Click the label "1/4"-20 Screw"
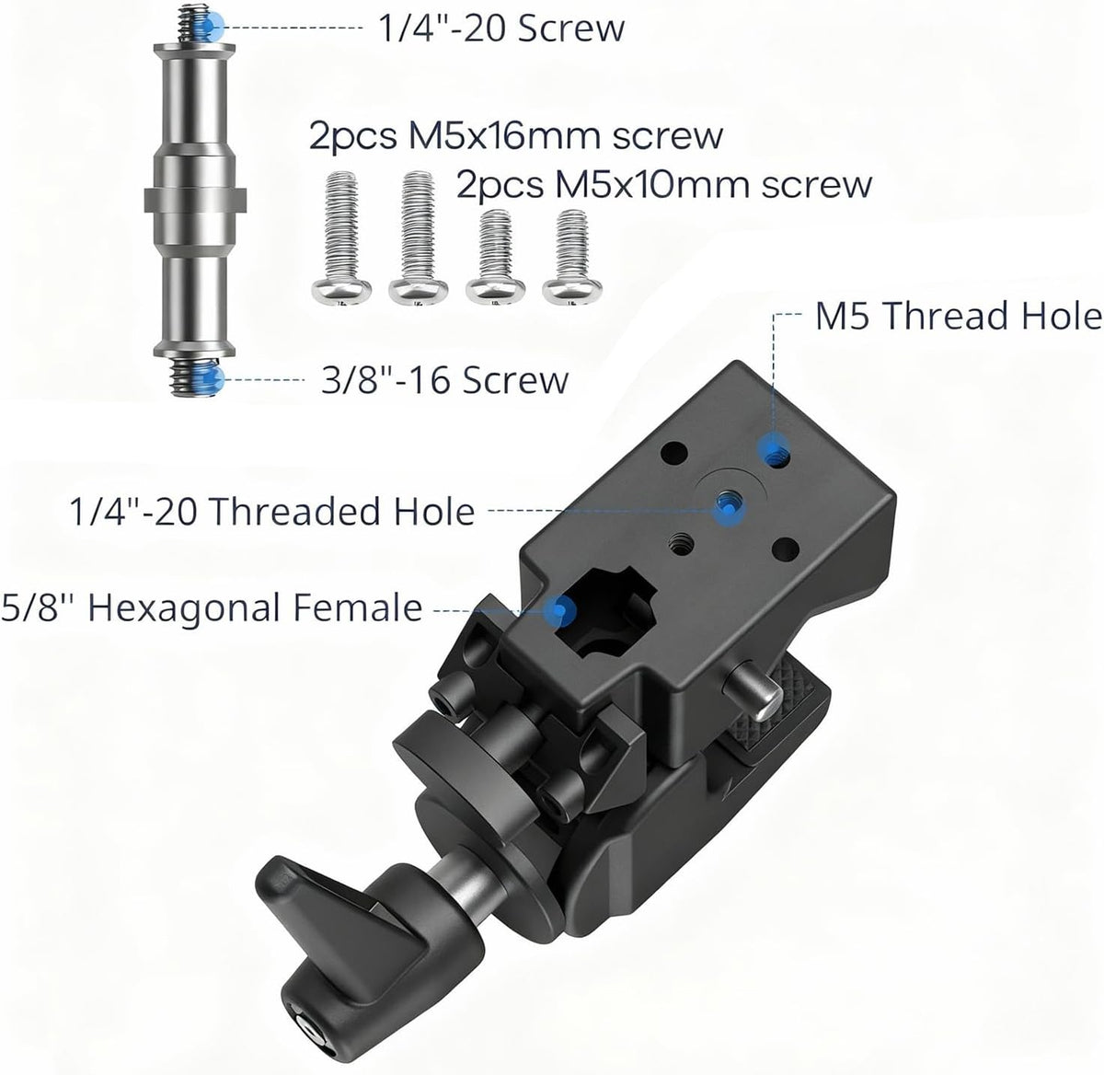[501, 28]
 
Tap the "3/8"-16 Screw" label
[444, 380]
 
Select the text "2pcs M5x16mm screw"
[516, 135]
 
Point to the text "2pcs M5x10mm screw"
[663, 185]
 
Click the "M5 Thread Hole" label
[959, 316]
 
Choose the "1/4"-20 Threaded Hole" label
[271, 511]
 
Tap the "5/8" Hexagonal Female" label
[211, 607]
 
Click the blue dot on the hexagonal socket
[559, 610]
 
